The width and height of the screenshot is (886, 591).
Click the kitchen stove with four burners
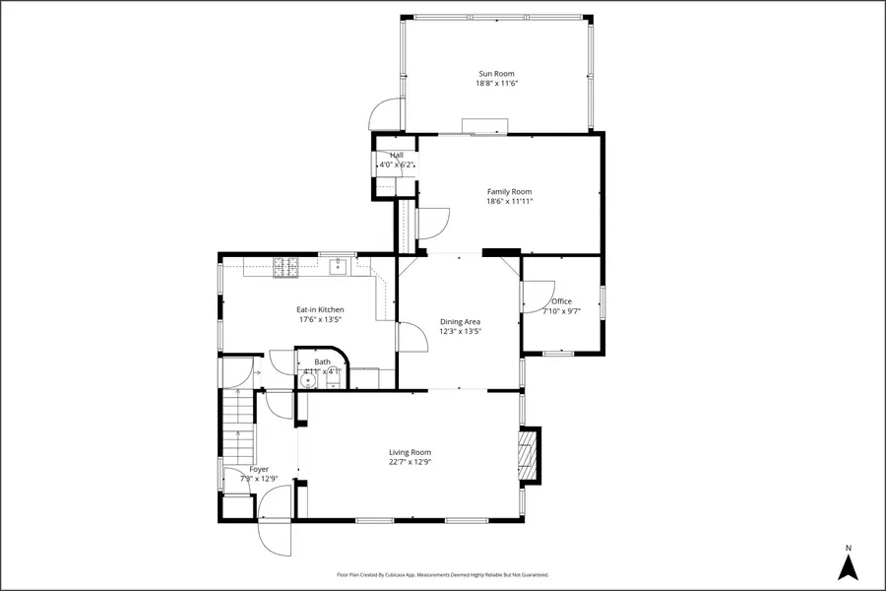pos(285,266)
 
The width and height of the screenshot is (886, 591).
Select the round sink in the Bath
pos(306,381)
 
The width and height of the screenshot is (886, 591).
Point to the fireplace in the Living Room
pos(530,455)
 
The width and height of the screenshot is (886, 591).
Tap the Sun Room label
pos(496,74)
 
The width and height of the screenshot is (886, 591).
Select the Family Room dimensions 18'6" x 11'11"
pos(509,202)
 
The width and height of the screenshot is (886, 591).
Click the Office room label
pos(561,301)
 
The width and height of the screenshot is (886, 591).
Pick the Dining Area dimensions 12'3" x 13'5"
pos(460,331)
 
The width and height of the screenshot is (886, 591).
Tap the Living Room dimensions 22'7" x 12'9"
pos(410,462)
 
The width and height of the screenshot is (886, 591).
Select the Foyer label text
pos(259,469)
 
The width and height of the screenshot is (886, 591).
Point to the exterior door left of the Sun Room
pos(386,116)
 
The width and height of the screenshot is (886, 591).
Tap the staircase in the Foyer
pos(239,426)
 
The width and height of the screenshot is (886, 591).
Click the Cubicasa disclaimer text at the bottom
pos(442,574)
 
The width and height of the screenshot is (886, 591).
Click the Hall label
pos(397,155)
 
